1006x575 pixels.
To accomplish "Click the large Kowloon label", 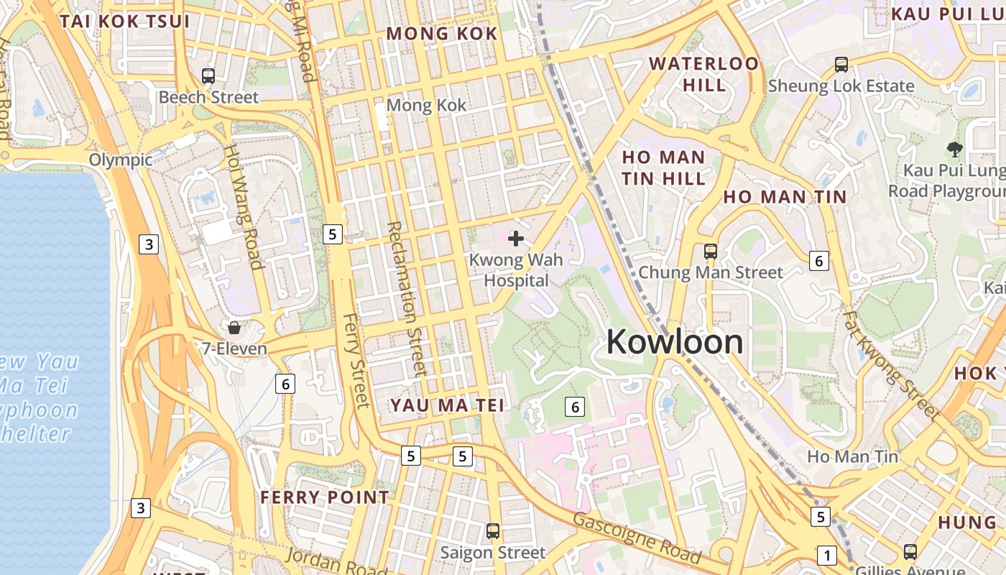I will tap(675, 341).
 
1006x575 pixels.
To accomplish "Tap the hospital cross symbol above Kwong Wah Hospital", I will tap(516, 238).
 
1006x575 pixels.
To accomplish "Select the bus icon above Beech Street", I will tap(208, 75).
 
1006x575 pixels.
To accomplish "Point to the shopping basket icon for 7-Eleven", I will tap(234, 328).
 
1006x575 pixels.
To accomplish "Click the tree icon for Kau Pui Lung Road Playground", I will tap(954, 149).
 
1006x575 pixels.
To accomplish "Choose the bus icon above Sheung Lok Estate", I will tap(841, 65).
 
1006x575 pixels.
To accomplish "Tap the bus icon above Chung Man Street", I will tap(711, 252).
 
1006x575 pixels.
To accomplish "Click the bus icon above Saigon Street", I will tap(493, 531).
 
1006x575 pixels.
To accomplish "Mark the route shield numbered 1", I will tap(827, 555).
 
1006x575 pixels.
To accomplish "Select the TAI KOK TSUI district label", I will tap(125, 21).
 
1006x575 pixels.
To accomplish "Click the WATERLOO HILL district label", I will tap(704, 74).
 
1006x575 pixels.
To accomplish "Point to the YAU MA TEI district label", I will tap(447, 405).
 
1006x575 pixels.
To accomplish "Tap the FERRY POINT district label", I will tap(325, 497).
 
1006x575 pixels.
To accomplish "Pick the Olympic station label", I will tap(121, 160).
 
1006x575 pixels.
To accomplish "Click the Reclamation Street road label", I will tap(407, 298).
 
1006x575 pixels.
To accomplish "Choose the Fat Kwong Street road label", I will tap(891, 364).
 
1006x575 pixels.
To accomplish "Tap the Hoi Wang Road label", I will tap(244, 206).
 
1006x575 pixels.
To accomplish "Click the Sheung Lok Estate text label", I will tap(841, 86).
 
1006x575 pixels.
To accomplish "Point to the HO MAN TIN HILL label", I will tap(663, 167).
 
